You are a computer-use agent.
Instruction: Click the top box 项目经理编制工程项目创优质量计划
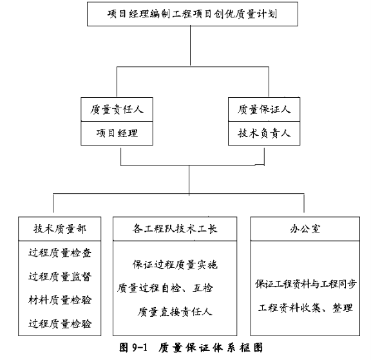[x=193, y=14]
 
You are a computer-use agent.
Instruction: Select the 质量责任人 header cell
[x=117, y=109]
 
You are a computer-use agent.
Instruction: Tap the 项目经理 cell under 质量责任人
[x=117, y=133]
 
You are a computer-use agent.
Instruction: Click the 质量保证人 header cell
[x=264, y=109]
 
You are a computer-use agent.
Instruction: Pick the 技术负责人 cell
[x=264, y=133]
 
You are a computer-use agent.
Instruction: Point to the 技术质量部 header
[x=60, y=229]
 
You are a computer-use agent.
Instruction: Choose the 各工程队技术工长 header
[x=175, y=229]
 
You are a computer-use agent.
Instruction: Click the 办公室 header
[x=305, y=229]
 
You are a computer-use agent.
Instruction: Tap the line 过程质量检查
[x=60, y=253]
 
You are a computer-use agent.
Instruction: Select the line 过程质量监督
[x=60, y=276]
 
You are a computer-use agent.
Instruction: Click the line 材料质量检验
[x=60, y=300]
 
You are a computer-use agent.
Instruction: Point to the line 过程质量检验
[x=60, y=324]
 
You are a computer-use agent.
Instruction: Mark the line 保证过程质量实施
[x=175, y=265]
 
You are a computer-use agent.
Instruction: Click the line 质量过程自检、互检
[x=165, y=289]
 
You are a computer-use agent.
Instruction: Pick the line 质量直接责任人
[x=175, y=312]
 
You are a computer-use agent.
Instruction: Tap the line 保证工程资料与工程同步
[x=306, y=284]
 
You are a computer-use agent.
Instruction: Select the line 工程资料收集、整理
[x=305, y=308]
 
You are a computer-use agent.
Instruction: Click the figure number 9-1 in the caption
[x=140, y=348]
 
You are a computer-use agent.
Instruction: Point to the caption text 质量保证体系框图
[x=211, y=348]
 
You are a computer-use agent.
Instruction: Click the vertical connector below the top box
[x=190, y=46]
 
